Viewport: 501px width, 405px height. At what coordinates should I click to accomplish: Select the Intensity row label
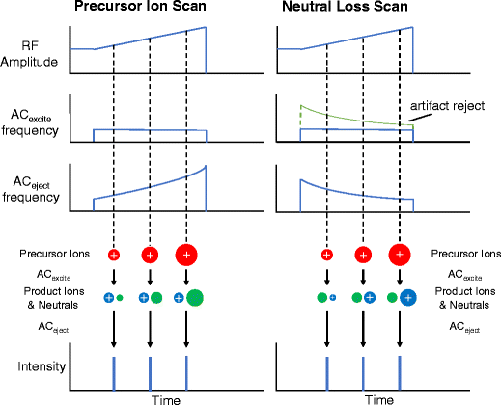pyautogui.click(x=36, y=367)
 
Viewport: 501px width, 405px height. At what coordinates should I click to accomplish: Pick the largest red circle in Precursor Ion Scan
pyautogui.click(x=185, y=256)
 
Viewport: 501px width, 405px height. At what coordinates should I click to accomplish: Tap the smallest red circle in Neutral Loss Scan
pyautogui.click(x=326, y=256)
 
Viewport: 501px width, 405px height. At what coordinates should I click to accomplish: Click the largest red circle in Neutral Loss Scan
pyautogui.click(x=398, y=256)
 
